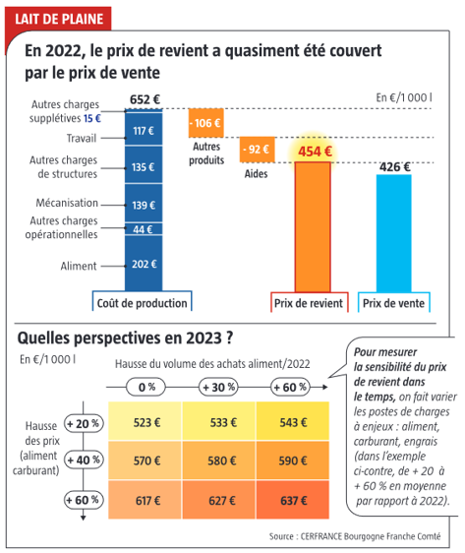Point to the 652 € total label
(x=144, y=99)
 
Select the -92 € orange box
(x=258, y=150)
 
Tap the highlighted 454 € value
(x=316, y=152)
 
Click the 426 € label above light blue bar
(x=394, y=166)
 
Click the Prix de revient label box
(x=308, y=303)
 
